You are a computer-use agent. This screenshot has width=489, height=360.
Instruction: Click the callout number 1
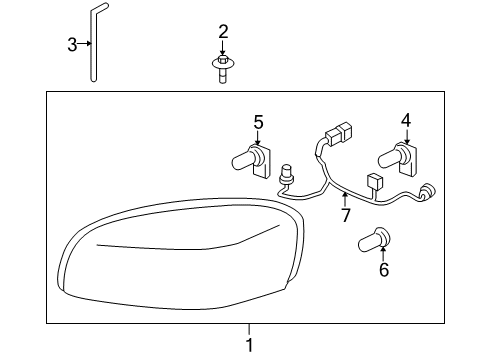click(x=251, y=344)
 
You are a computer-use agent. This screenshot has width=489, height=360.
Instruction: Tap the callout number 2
click(x=223, y=32)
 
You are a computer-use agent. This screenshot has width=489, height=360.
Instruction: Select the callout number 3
click(x=72, y=44)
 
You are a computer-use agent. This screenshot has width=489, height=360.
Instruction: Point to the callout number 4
click(x=406, y=121)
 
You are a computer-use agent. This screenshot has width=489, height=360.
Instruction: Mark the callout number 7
click(x=346, y=215)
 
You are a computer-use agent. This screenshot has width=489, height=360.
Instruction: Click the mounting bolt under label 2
click(x=222, y=71)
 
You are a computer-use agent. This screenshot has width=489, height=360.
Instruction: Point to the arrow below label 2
click(x=223, y=51)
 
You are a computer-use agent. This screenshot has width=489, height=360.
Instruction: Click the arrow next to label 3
click(x=88, y=44)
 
